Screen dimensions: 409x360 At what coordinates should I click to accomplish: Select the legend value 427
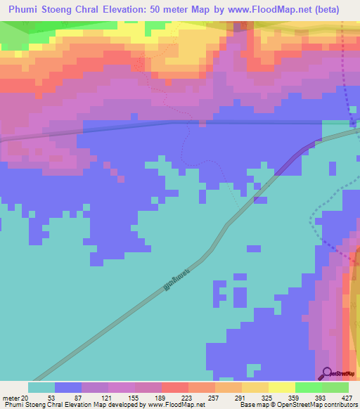[x=346, y=397]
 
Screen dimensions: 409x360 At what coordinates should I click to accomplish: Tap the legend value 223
[x=186, y=397]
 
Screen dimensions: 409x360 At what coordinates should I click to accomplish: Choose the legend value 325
[x=266, y=397]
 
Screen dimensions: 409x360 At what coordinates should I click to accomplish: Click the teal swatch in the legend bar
[x=41, y=387]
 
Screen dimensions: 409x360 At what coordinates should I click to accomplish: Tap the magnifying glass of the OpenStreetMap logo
[x=326, y=372]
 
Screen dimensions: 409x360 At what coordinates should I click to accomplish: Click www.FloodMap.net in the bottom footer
[x=176, y=405]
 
